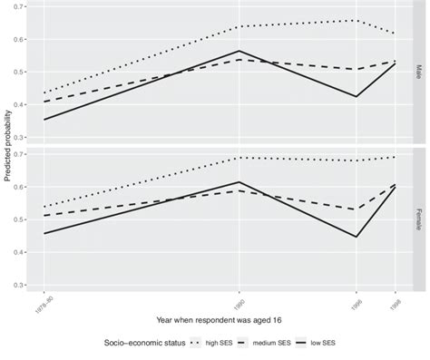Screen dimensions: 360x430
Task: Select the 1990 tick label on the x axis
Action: coord(239,300)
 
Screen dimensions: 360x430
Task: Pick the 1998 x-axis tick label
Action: coord(394,300)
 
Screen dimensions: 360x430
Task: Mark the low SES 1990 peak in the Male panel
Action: coord(239,51)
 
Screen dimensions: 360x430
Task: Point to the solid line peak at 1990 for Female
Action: coord(239,182)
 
